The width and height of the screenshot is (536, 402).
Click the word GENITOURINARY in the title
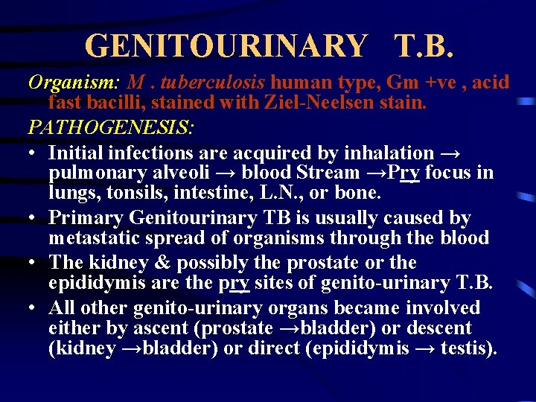[x=226, y=46]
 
